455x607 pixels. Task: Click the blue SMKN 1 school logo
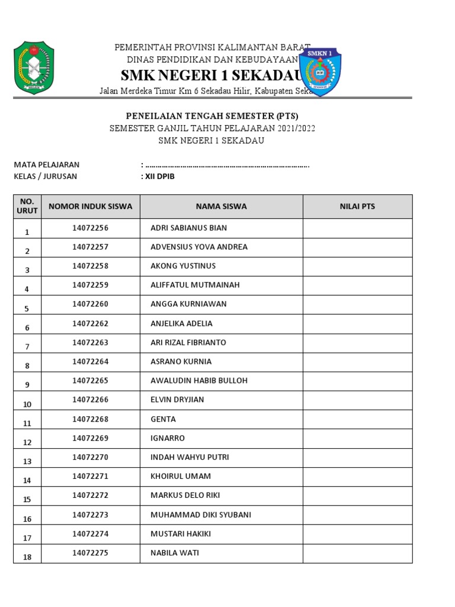[x=321, y=71]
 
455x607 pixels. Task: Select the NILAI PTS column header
[x=357, y=206]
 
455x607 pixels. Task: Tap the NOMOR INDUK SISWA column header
[x=91, y=206]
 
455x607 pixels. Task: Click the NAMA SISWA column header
[x=222, y=206]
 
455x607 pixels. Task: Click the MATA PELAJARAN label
[x=47, y=165]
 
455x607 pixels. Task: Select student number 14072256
[x=91, y=228]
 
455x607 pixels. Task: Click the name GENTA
[x=164, y=419]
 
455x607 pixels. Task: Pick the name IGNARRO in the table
[x=168, y=438]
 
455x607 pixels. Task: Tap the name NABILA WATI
[x=175, y=553]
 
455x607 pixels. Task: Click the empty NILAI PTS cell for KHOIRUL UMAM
[x=357, y=477]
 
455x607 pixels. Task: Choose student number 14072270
[x=91, y=457]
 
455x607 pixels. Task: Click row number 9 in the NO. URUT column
[x=27, y=385]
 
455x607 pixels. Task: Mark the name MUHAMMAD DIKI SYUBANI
[x=201, y=515]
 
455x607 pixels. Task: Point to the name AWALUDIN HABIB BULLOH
[x=199, y=381]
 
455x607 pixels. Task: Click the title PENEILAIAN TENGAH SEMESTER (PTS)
[x=212, y=116]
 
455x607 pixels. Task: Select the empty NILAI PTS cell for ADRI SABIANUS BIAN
[x=357, y=228]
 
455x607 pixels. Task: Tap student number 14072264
[x=91, y=362]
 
